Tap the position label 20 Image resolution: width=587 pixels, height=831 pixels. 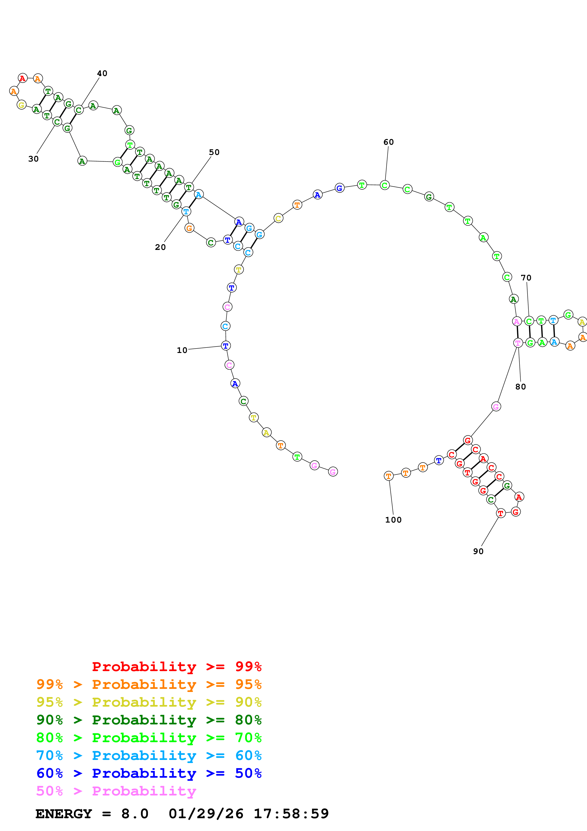(x=160, y=247)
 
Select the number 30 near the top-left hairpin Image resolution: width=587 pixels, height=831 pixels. (x=33, y=159)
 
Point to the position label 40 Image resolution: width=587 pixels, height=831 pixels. (x=102, y=73)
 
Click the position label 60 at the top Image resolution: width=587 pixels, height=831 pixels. (x=388, y=142)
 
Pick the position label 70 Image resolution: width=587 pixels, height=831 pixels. (x=526, y=278)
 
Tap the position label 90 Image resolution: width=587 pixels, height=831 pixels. (x=478, y=551)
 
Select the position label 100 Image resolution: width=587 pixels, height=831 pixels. (x=393, y=520)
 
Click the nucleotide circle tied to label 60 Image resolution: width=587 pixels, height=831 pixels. (x=385, y=185)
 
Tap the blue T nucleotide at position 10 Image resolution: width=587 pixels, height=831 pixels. (x=226, y=346)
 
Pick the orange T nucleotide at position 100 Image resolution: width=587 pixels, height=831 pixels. (x=388, y=476)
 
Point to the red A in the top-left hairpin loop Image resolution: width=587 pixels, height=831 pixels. (x=22, y=78)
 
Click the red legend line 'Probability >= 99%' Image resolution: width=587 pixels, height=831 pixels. (x=176, y=666)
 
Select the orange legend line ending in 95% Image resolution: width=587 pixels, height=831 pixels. (x=149, y=684)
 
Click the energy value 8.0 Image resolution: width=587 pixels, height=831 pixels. (x=134, y=814)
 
